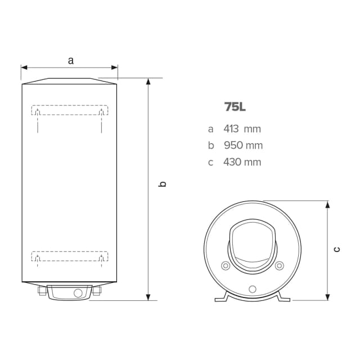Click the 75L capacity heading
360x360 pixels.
coord(235,107)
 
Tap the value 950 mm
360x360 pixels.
coord(243,146)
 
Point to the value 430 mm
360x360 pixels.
coord(242,163)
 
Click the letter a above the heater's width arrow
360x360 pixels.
coord(70,60)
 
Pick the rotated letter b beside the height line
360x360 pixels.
coord(163,184)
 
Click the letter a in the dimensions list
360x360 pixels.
coord(211,129)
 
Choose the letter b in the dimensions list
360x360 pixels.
coord(211,146)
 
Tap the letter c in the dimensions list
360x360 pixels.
coord(211,163)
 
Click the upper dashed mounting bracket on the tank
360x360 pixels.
coord(69,110)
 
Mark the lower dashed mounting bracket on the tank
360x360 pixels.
coord(69,256)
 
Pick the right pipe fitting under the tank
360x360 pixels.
coord(96,291)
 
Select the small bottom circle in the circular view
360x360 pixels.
coord(252,289)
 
